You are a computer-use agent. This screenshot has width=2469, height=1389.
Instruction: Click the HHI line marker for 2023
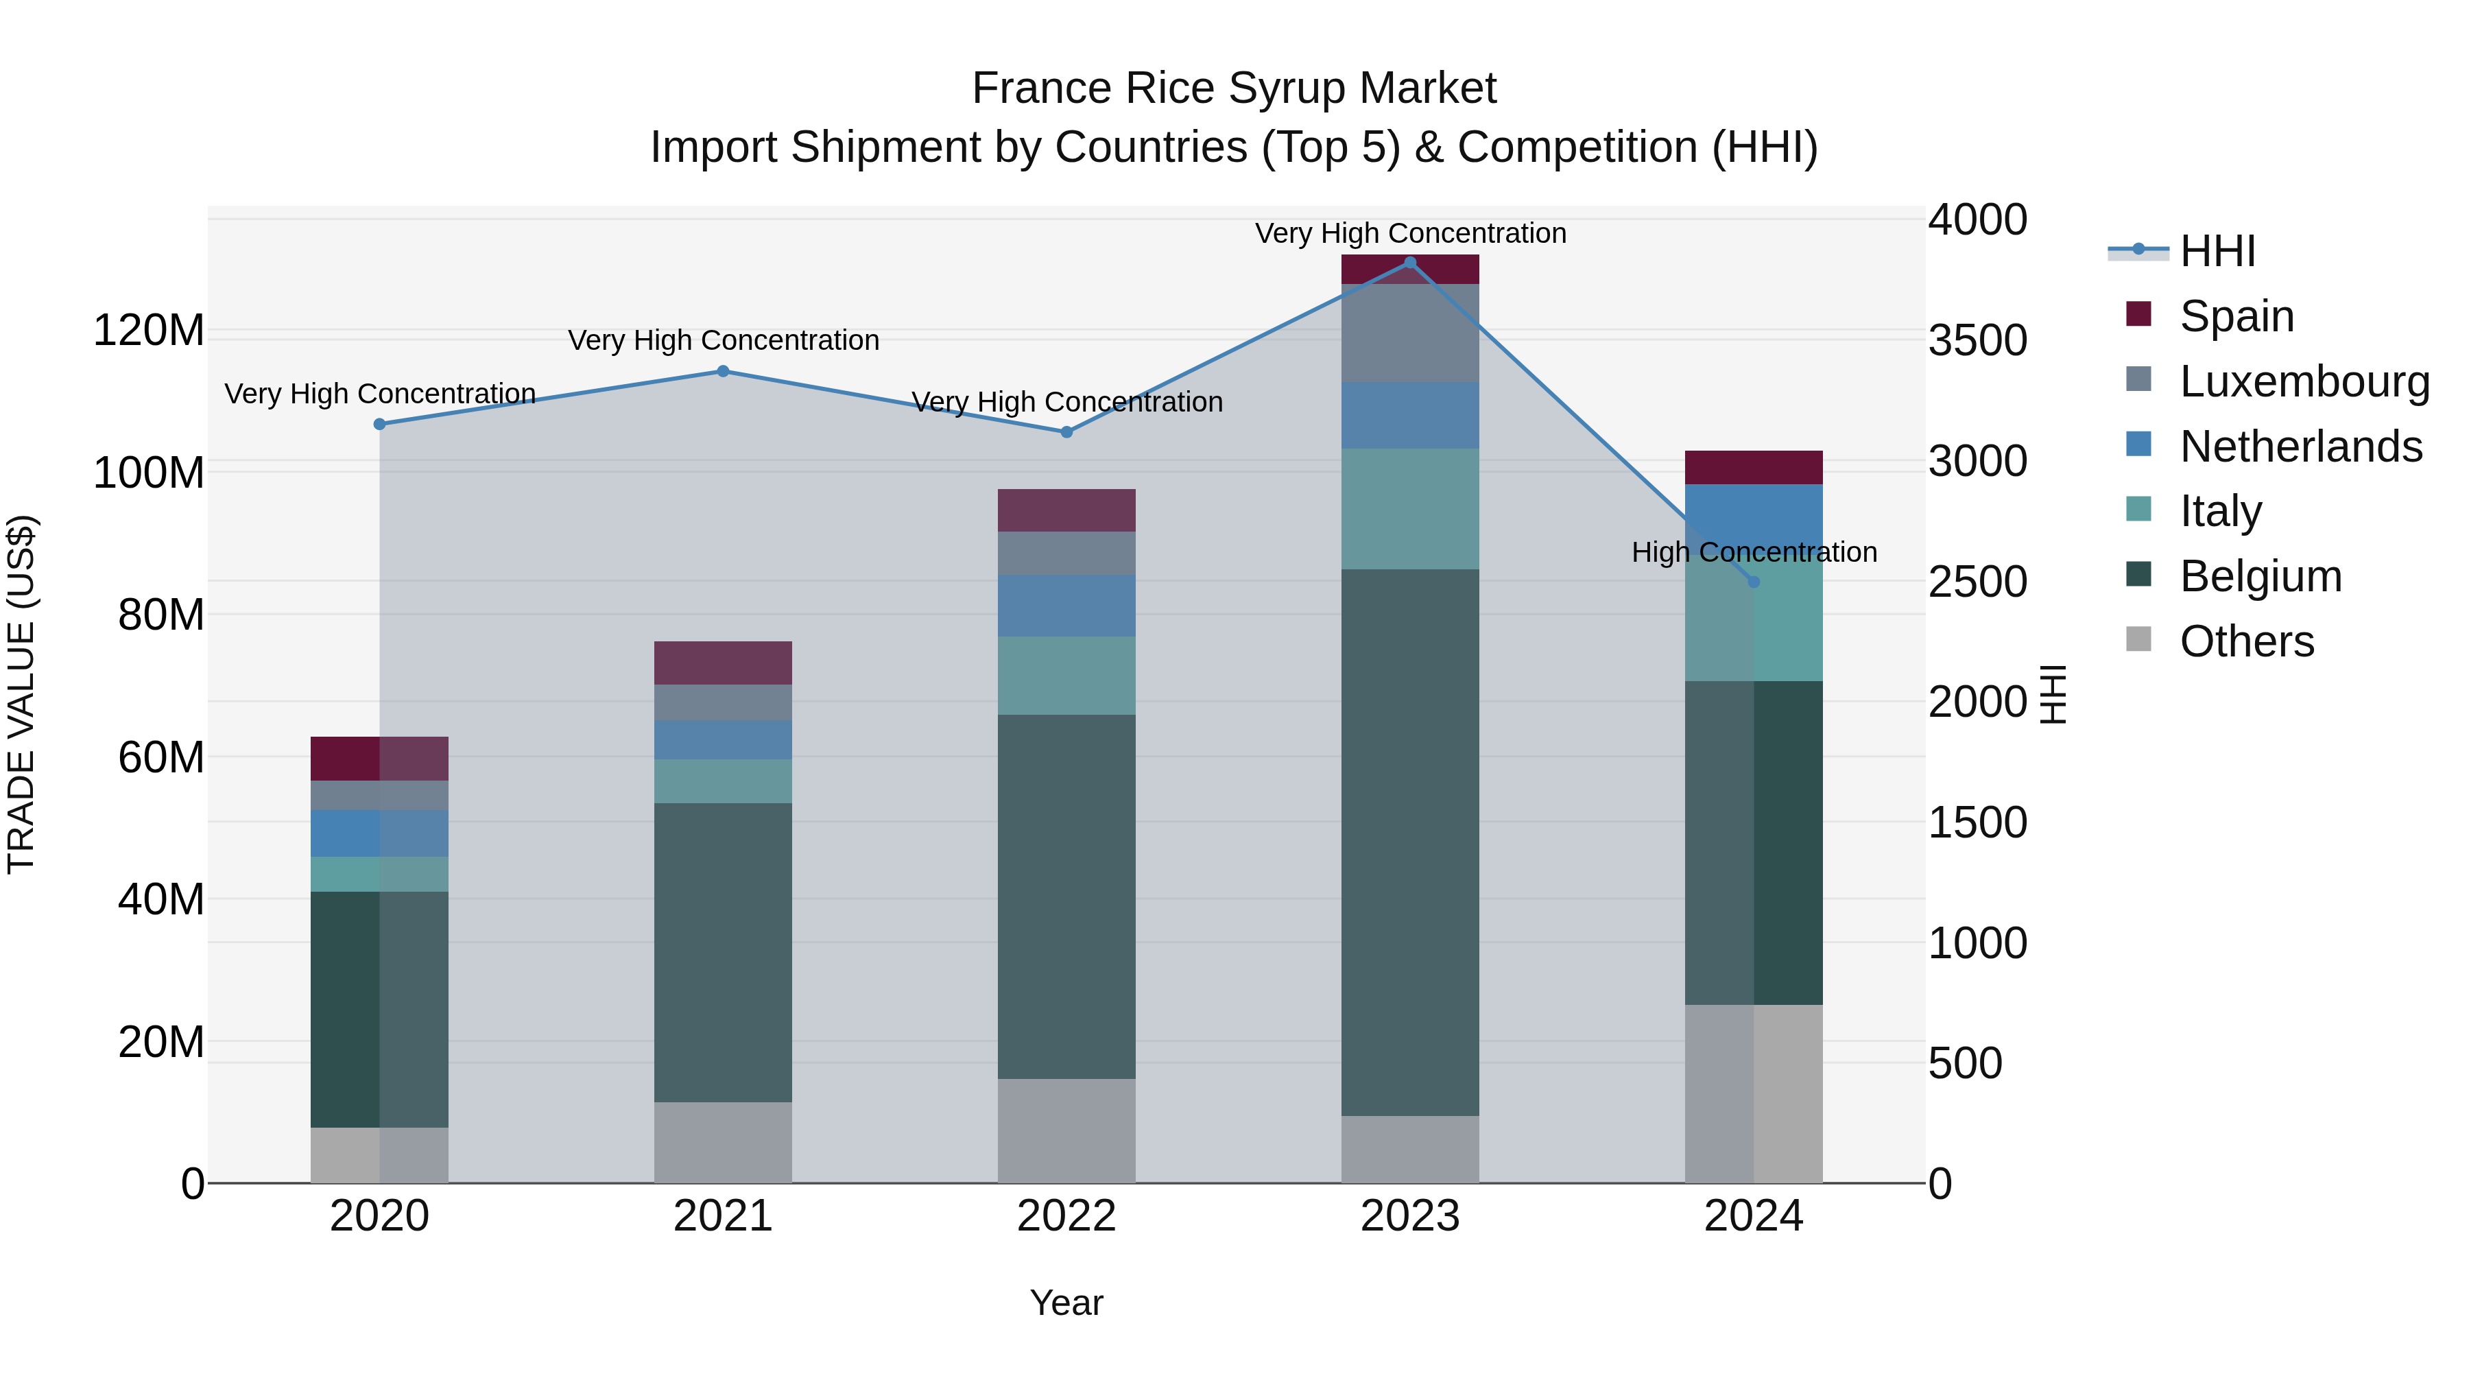tap(1410, 263)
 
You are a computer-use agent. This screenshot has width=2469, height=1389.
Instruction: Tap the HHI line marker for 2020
tap(379, 424)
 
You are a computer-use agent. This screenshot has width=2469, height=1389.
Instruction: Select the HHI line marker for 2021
tap(724, 371)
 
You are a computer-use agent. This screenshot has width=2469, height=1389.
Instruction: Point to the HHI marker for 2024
tap(1754, 582)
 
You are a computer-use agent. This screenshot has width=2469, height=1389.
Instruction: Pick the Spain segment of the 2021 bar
tap(724, 663)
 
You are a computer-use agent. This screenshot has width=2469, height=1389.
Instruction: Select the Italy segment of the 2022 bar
tap(1066, 675)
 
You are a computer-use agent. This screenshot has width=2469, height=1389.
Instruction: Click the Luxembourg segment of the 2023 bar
tap(1410, 333)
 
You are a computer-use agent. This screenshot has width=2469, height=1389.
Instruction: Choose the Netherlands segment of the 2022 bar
tap(1066, 605)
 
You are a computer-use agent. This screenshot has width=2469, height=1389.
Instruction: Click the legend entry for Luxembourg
tap(2304, 381)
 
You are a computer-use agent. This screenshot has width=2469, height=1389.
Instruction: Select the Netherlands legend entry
tap(2300, 447)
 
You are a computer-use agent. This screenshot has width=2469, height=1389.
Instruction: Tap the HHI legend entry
tap(2217, 251)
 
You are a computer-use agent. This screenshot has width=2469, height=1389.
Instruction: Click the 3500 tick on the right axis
tap(1977, 340)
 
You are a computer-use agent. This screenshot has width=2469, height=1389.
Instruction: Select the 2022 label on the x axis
tap(1066, 1216)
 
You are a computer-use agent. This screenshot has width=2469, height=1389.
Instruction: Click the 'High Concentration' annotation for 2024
tap(1754, 552)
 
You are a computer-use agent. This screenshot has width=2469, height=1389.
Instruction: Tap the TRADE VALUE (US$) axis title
tap(22, 694)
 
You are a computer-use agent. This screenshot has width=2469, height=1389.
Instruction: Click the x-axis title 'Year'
tap(1066, 1303)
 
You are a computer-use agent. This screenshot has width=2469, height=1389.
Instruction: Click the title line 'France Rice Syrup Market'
tap(1234, 88)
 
